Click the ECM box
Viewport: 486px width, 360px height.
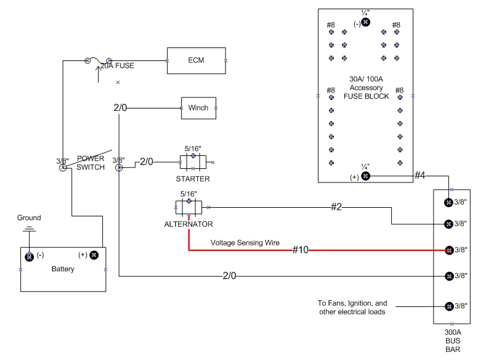point(196,60)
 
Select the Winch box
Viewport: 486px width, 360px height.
point(198,108)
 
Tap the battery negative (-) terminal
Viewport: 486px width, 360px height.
point(29,255)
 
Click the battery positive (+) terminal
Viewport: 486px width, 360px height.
point(94,255)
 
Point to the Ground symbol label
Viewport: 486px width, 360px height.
point(29,218)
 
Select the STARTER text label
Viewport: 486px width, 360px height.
point(193,179)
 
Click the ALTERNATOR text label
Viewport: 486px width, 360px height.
point(188,224)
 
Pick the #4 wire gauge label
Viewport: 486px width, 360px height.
point(419,176)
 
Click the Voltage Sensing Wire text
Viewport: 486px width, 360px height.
point(245,243)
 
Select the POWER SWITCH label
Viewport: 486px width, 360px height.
point(90,163)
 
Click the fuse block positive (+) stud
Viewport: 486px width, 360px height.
point(365,176)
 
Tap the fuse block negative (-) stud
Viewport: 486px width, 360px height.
point(365,22)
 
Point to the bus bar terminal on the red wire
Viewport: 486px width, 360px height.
point(449,250)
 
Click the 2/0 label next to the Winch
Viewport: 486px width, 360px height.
point(120,108)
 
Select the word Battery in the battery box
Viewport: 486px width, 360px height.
point(63,269)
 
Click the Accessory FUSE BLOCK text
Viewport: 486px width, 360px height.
point(366,92)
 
